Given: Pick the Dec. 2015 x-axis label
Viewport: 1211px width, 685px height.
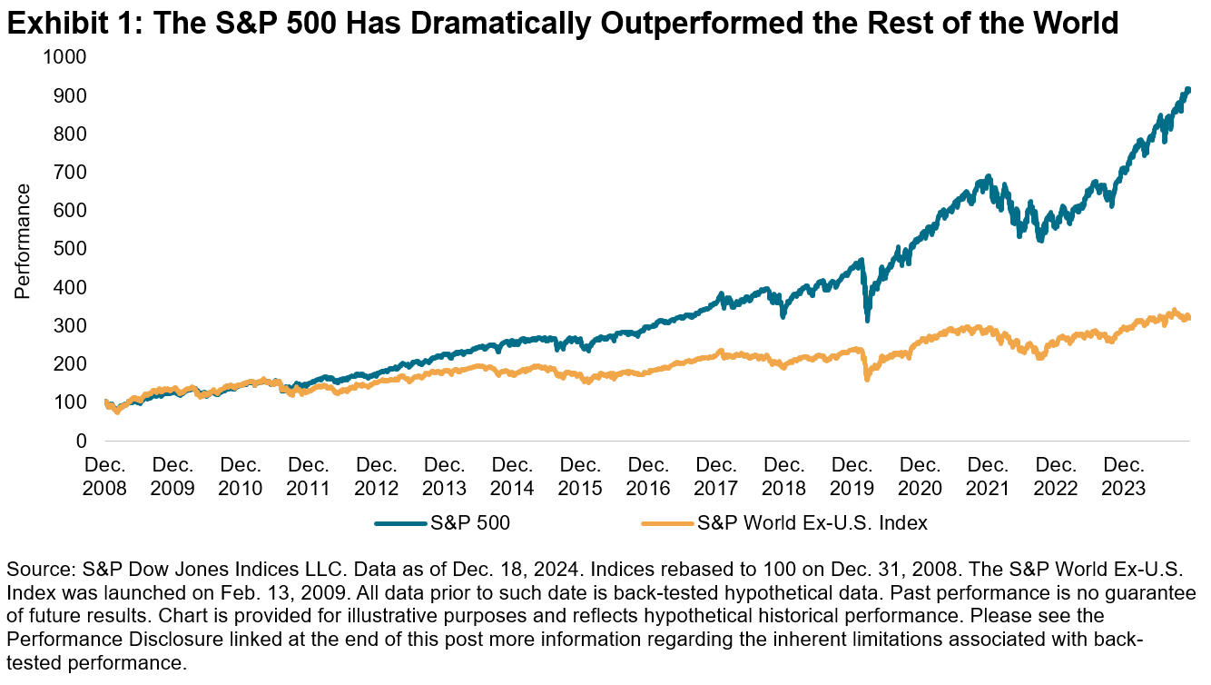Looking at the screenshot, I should tap(580, 476).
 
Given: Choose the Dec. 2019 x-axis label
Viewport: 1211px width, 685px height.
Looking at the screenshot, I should tap(852, 476).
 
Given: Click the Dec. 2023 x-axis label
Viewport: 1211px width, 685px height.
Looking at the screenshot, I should tap(1125, 476).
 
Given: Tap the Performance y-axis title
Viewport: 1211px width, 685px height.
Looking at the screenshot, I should tap(23, 241).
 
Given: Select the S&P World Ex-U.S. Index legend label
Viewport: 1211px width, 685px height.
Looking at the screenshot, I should tap(812, 522).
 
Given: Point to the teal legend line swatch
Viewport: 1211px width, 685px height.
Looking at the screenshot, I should tap(400, 523).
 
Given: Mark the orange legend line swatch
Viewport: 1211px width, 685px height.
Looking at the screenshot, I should tap(668, 523).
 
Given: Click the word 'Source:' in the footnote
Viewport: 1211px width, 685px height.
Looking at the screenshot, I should tap(36, 571).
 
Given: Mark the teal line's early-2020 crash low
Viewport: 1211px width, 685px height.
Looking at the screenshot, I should tap(867, 320).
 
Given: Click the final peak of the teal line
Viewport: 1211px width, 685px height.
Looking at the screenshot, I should tap(1187, 90).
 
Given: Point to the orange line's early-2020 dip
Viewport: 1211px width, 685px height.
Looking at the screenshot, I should tap(867, 378).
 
